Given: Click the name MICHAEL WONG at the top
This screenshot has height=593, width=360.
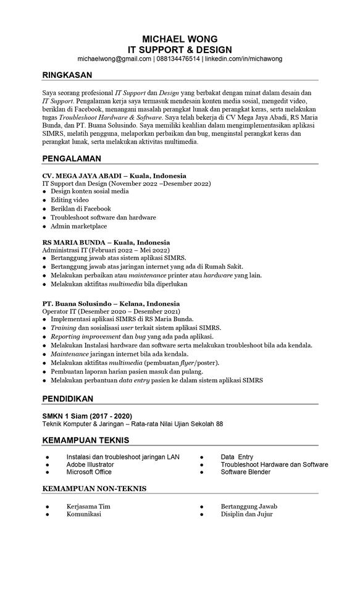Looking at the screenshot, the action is pyautogui.click(x=180, y=39).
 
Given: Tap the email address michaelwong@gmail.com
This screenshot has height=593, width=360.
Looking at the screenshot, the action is pyautogui.click(x=114, y=59).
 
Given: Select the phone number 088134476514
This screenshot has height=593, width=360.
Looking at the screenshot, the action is pyautogui.click(x=178, y=59).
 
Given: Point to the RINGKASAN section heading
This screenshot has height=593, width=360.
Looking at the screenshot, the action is pyautogui.click(x=67, y=75).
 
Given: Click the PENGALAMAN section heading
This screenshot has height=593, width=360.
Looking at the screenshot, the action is pyautogui.click(x=72, y=158).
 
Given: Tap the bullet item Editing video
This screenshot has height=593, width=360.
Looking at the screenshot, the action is pyautogui.click(x=70, y=200).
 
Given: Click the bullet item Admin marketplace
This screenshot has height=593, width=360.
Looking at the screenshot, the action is pyautogui.click(x=78, y=226).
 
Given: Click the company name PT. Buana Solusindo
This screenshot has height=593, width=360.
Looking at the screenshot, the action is pyautogui.click(x=76, y=303).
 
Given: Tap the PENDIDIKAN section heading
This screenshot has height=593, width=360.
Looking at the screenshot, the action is pyautogui.click(x=67, y=398).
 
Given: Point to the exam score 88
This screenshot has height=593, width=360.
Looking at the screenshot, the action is pyautogui.click(x=219, y=424).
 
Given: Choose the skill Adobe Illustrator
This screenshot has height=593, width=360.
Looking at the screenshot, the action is pyautogui.click(x=90, y=465).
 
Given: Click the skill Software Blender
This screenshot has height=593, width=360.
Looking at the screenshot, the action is pyautogui.click(x=246, y=473).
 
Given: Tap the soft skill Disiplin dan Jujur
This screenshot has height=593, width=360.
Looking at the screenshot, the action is pyautogui.click(x=247, y=514).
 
